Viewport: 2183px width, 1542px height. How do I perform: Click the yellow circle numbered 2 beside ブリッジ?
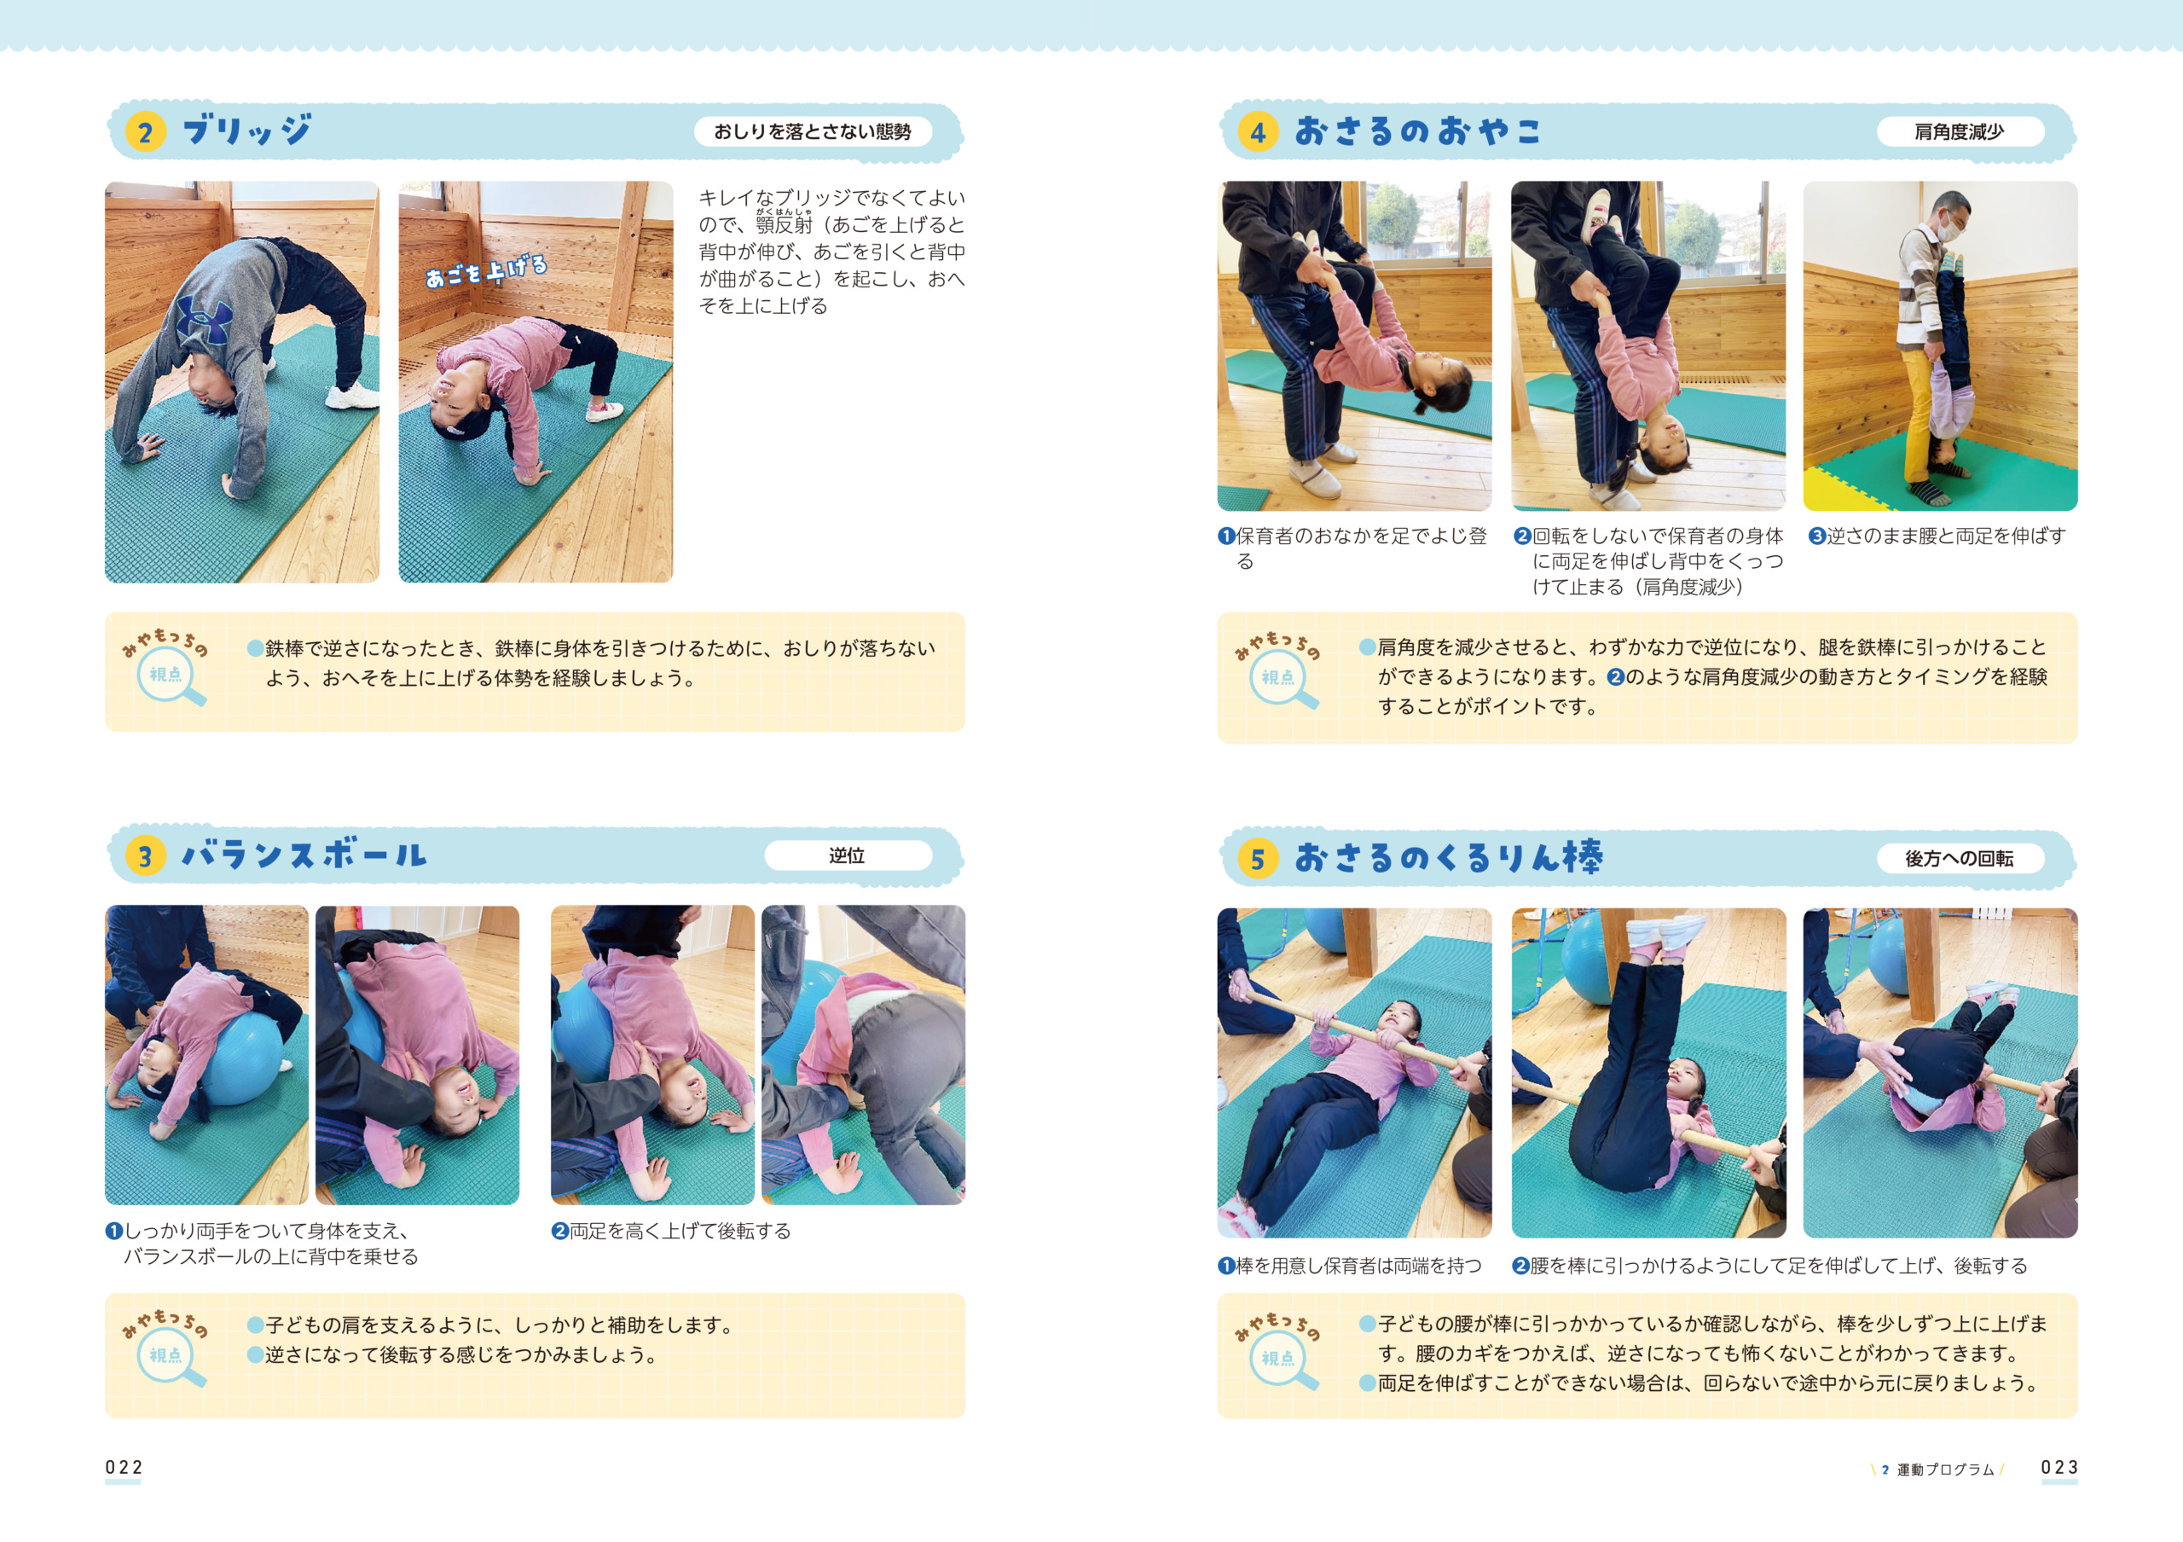(144, 132)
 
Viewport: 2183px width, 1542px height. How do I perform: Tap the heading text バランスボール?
(304, 855)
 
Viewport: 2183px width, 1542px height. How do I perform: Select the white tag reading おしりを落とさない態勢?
(812, 131)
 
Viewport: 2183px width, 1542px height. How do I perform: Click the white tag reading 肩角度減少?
(1960, 131)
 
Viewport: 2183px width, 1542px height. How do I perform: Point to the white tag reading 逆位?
(847, 855)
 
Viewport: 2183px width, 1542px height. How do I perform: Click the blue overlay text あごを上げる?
(486, 271)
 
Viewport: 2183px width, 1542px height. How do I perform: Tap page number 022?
(124, 1467)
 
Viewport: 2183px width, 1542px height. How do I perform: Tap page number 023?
(2059, 1467)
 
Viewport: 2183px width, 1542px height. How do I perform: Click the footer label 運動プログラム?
(1945, 1470)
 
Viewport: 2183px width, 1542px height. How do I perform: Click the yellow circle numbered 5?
(1257, 860)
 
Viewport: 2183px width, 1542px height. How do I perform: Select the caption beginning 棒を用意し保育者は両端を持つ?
(1350, 1266)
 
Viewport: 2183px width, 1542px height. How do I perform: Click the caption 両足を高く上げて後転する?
(671, 1232)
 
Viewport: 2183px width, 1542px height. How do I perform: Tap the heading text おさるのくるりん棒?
(1449, 857)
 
